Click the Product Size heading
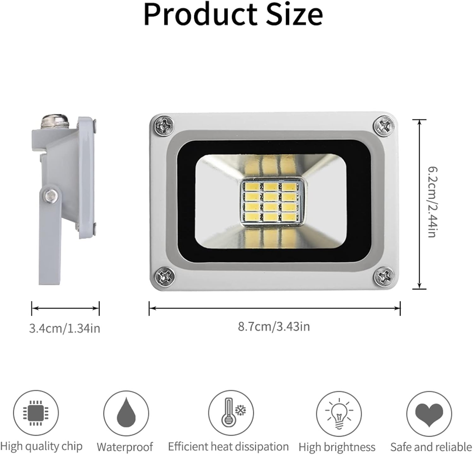pos(233,15)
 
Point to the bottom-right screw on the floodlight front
pos(384,277)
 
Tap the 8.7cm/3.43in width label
pos(274,326)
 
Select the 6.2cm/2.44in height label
pos(432,202)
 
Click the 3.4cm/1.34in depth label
pos(65,329)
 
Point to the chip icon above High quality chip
pos(36,413)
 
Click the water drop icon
pos(126,413)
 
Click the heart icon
pos(429,414)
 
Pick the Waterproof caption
pos(125,447)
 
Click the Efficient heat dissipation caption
pos(228,447)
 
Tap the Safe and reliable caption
pos(431,447)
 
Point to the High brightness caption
pos(337,447)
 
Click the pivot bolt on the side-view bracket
pos(51,196)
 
